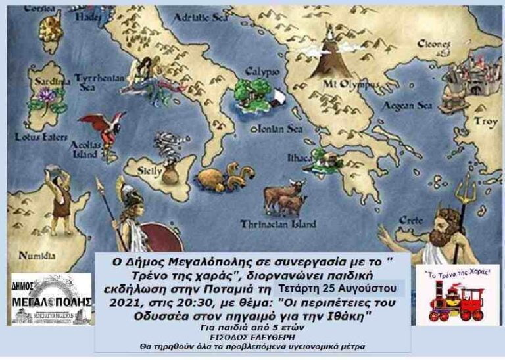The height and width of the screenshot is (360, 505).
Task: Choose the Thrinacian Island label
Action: (279, 223)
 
